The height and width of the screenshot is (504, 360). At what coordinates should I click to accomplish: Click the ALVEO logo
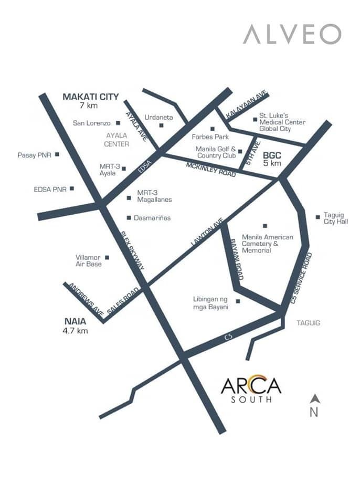pyautogui.click(x=292, y=34)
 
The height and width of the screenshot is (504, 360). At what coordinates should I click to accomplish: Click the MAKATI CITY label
pyautogui.click(x=91, y=97)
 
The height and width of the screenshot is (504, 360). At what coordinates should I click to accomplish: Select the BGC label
pyautogui.click(x=272, y=155)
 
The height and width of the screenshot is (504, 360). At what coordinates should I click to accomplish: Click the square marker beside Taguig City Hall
pyautogui.click(x=318, y=216)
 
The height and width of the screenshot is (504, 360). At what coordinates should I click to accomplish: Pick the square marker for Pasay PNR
pyautogui.click(x=57, y=154)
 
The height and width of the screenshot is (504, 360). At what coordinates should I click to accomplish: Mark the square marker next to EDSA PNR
pyautogui.click(x=72, y=188)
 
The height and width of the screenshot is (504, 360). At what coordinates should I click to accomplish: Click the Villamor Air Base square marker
pyautogui.click(x=107, y=257)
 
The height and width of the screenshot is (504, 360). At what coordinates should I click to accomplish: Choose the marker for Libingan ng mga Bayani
pyautogui.click(x=238, y=301)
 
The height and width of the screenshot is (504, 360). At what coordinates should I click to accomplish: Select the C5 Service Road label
pyautogui.click(x=301, y=276)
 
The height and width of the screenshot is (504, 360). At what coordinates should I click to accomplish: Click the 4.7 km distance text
pyautogui.click(x=75, y=331)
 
